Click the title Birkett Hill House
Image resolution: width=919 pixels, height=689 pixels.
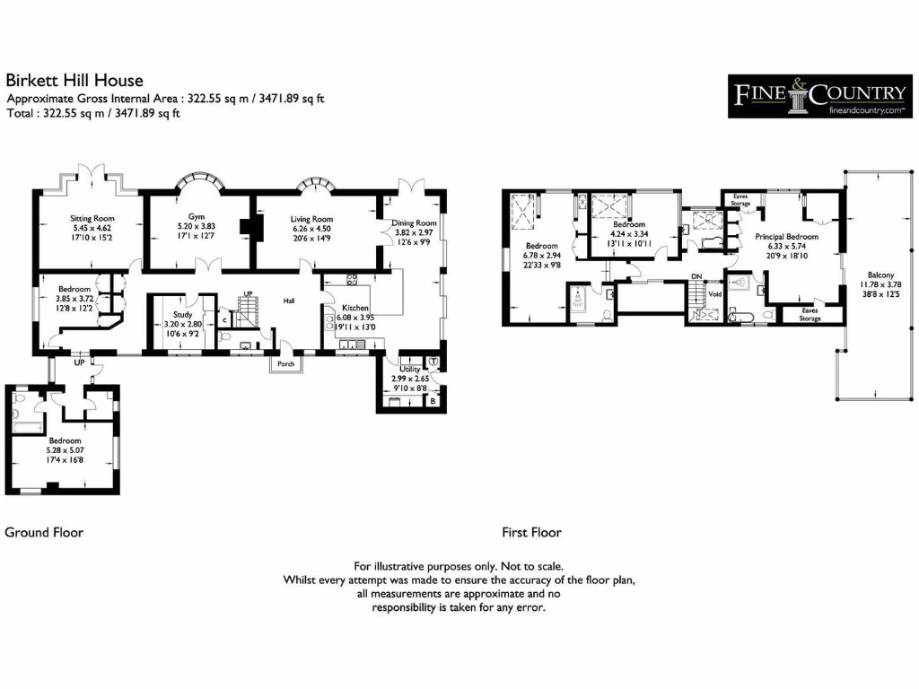(x=74, y=81)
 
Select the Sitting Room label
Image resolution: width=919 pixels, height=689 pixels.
(x=92, y=218)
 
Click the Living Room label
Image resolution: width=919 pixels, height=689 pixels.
(x=311, y=219)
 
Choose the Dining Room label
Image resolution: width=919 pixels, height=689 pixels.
(x=414, y=223)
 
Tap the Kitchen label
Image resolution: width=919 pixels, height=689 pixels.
(x=348, y=307)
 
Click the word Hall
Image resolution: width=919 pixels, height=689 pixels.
(x=290, y=301)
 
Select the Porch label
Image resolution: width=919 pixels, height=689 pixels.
(x=285, y=364)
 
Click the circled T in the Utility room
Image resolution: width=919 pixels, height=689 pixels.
(x=433, y=362)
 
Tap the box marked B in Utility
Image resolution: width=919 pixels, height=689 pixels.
(x=433, y=401)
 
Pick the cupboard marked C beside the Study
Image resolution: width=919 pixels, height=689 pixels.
(x=223, y=319)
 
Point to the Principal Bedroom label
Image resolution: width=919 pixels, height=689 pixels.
(x=786, y=237)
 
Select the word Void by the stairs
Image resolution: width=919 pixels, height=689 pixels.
(x=715, y=293)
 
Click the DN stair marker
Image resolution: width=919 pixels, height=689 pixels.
(x=696, y=276)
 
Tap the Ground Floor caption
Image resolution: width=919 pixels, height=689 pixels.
(x=44, y=532)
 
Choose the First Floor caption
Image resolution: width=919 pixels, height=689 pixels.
(x=531, y=532)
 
